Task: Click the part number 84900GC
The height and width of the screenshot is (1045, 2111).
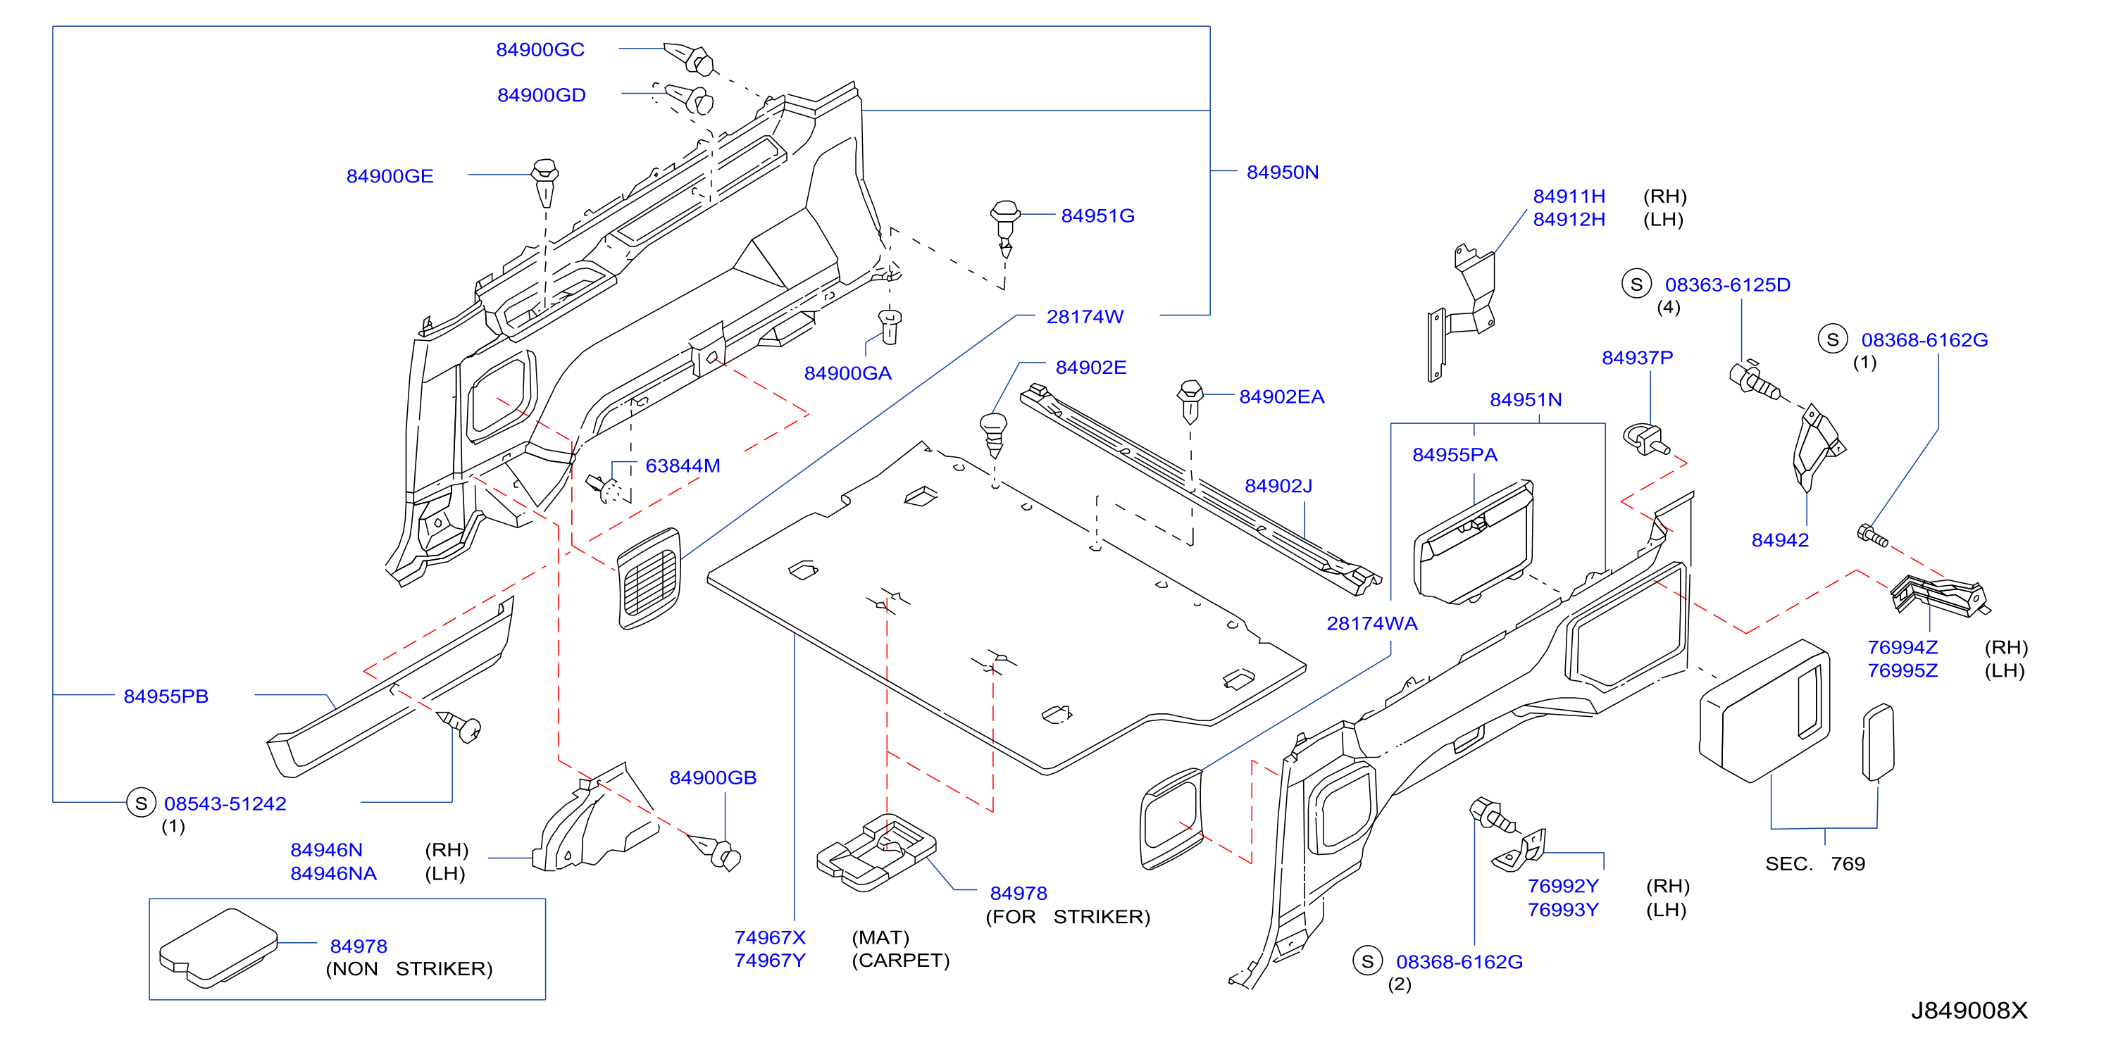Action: (540, 50)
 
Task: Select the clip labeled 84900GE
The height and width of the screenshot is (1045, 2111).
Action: (545, 184)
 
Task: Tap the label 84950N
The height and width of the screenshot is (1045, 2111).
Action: (1282, 173)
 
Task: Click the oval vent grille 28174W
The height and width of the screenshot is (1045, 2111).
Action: (649, 578)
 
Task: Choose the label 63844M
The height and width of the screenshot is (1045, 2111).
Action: (683, 466)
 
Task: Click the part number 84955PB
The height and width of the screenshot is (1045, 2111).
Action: (166, 696)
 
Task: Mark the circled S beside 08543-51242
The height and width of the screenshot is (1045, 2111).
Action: (141, 803)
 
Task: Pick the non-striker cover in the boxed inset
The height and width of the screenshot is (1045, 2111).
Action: (218, 948)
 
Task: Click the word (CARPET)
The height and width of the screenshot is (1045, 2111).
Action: (901, 960)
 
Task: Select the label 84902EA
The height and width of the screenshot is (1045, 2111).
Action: (1282, 397)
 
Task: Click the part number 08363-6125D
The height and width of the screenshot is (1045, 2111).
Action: (1728, 285)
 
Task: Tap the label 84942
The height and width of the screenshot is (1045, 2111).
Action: (1780, 541)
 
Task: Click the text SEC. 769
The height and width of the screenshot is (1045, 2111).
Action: (1814, 864)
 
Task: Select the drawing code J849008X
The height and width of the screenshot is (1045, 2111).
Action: (1969, 1010)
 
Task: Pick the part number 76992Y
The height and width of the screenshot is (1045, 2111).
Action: (1563, 886)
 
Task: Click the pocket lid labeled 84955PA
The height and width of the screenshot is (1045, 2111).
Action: (1474, 542)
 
